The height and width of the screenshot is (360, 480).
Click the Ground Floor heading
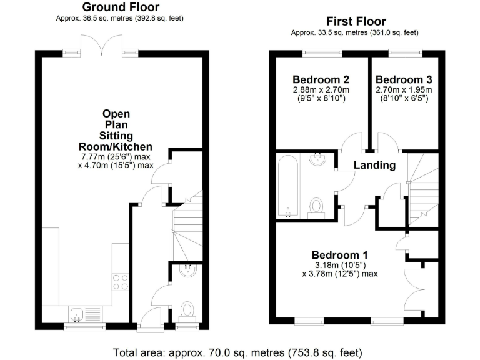[x=121, y=7]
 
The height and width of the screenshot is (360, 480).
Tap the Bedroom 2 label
[x=321, y=79]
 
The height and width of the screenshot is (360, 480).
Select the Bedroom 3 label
[x=404, y=79]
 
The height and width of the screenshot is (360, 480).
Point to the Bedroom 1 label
[x=339, y=255]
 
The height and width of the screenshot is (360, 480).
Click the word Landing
[x=374, y=165]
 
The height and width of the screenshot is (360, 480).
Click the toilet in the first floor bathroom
[x=317, y=206]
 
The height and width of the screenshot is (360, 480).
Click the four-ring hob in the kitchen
[x=120, y=282]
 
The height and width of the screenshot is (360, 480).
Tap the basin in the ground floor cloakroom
[x=187, y=270]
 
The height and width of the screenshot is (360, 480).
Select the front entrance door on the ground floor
[x=149, y=319]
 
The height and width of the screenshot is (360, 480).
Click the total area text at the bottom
[x=237, y=351]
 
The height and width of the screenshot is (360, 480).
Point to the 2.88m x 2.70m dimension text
[x=321, y=90]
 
